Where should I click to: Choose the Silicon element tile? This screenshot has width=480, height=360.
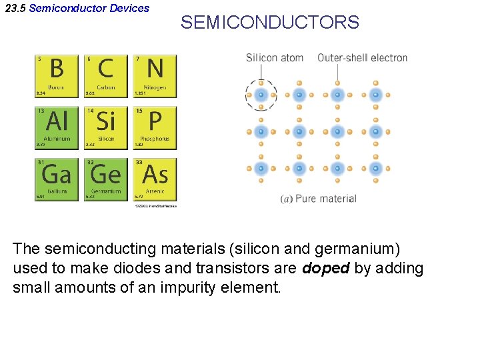pyautogui.click(x=106, y=128)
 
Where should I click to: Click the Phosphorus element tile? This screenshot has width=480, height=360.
pyautogui.click(x=155, y=128)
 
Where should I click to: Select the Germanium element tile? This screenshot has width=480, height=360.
pyautogui.click(x=106, y=179)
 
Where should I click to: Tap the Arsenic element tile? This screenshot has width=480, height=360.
pyautogui.click(x=155, y=179)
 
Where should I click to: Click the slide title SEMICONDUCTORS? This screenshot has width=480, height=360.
pyautogui.click(x=269, y=23)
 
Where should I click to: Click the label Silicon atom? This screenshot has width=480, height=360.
pyautogui.click(x=275, y=58)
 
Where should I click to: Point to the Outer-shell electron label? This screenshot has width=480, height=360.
pyautogui.click(x=362, y=58)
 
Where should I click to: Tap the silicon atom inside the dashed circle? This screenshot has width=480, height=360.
pyautogui.click(x=261, y=95)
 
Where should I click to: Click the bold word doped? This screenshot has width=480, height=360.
pyautogui.click(x=325, y=269)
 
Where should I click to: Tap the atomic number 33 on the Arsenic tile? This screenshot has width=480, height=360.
pyautogui.click(x=138, y=161)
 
